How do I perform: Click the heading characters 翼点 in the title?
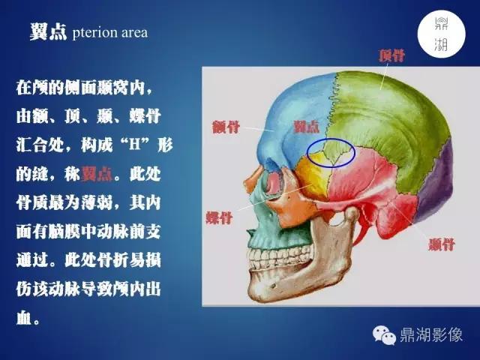tap(49, 34)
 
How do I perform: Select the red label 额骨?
tap(223, 127)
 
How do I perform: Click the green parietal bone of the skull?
tap(390, 127)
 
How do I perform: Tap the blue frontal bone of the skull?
tap(285, 112)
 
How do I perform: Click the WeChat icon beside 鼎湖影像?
tap(386, 335)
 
